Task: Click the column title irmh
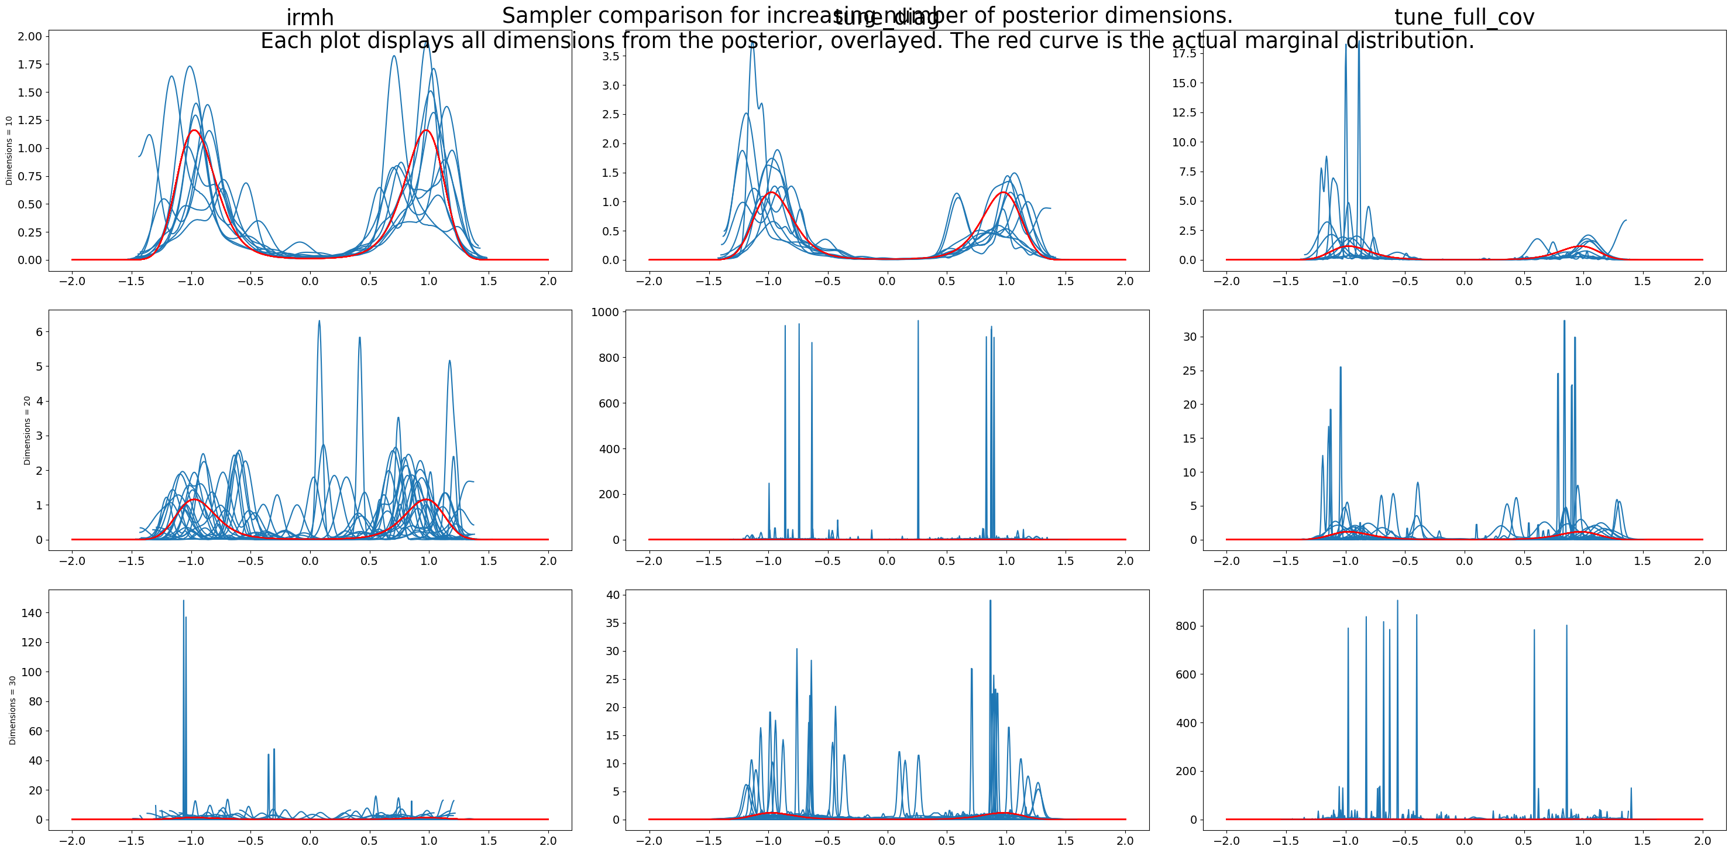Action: [310, 18]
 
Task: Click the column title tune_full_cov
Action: [1465, 18]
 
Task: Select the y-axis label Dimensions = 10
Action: [9, 150]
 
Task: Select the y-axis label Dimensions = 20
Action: [27, 430]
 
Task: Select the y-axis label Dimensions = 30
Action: [12, 710]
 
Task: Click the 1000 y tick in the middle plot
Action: [604, 312]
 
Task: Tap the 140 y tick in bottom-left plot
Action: [31, 613]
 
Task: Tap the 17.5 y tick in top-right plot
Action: [1184, 53]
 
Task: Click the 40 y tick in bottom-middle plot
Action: [613, 595]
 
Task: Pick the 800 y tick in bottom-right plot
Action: [1185, 626]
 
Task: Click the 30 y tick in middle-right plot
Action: [1190, 337]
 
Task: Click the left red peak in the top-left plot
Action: [194, 131]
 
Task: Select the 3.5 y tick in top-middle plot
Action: [610, 57]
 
